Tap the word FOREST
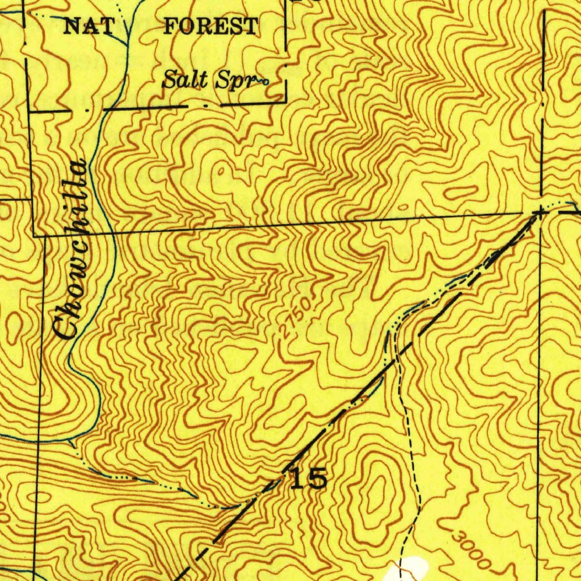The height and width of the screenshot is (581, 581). point(210,26)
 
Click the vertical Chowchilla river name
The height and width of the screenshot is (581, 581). point(69,250)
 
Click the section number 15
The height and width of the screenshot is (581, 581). point(309,478)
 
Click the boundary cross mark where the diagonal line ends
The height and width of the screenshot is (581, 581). point(539,212)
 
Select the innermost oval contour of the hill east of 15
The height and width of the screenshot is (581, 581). point(374,499)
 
